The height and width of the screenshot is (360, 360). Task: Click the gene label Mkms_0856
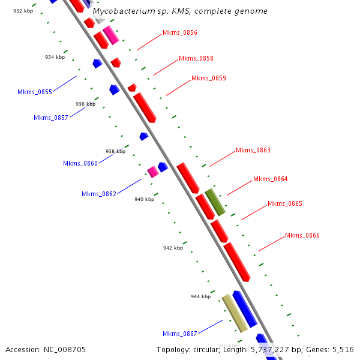pyautogui.click(x=180, y=33)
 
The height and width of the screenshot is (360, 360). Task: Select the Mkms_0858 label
pyautogui.click(x=196, y=59)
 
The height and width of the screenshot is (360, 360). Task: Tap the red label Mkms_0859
pyautogui.click(x=209, y=79)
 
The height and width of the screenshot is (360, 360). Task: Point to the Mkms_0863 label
pyautogui.click(x=253, y=151)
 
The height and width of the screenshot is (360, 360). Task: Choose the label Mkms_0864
pyautogui.click(x=271, y=179)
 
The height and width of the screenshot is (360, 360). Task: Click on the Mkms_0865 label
pyautogui.click(x=285, y=204)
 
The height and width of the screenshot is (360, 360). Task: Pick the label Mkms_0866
pyautogui.click(x=302, y=236)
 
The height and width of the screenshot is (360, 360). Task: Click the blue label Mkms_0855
pyautogui.click(x=35, y=92)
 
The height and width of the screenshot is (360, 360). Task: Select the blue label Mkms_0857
pyautogui.click(x=51, y=118)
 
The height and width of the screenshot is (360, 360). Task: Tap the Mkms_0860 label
pyautogui.click(x=80, y=164)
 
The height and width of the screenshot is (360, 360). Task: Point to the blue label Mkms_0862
pyautogui.click(x=99, y=194)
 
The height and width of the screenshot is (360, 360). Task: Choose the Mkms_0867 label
pyautogui.click(x=180, y=334)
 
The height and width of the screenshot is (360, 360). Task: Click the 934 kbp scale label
pyautogui.click(x=55, y=58)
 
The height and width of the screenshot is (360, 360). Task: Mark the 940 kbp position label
pyautogui.click(x=144, y=199)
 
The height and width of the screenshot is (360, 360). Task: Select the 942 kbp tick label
pyautogui.click(x=173, y=248)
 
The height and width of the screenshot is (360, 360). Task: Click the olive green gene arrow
pyautogui.click(x=215, y=202)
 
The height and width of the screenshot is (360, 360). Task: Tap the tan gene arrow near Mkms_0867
pyautogui.click(x=235, y=314)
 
